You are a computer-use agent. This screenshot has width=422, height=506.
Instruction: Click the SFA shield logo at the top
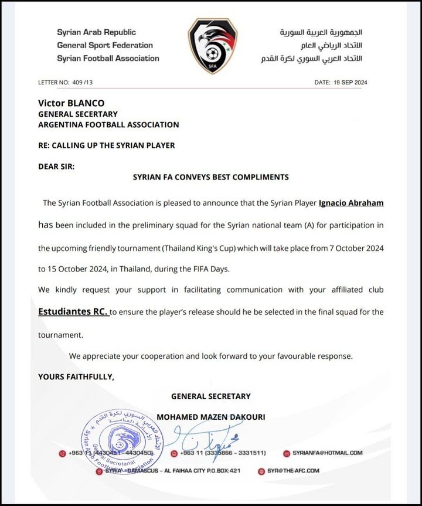pyautogui.click(x=212, y=46)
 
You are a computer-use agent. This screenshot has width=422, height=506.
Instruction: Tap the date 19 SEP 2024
pyautogui.click(x=348, y=83)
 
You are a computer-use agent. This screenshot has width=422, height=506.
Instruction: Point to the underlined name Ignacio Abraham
pyautogui.click(x=351, y=203)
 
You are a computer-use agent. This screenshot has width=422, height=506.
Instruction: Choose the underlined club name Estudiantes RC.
pyautogui.click(x=73, y=313)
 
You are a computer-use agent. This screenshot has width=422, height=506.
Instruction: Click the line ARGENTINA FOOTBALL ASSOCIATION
pyautogui.click(x=108, y=124)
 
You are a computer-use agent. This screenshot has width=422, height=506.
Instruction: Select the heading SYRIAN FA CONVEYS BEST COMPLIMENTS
pyautogui.click(x=211, y=176)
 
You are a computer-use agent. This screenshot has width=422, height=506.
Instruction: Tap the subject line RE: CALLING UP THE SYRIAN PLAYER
pyautogui.click(x=107, y=145)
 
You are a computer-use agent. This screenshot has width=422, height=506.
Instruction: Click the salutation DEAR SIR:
pyautogui.click(x=56, y=166)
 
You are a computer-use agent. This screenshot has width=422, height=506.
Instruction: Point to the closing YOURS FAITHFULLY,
pyautogui.click(x=76, y=376)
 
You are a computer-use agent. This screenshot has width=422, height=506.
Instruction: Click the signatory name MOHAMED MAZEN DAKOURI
pyautogui.click(x=211, y=417)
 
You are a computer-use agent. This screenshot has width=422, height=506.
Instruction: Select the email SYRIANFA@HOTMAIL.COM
pyautogui.click(x=327, y=453)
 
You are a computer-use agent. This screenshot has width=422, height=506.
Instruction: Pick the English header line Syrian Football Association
pyautogui.click(x=108, y=58)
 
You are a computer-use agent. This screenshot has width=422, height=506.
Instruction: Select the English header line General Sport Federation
pyautogui.click(x=105, y=45)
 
